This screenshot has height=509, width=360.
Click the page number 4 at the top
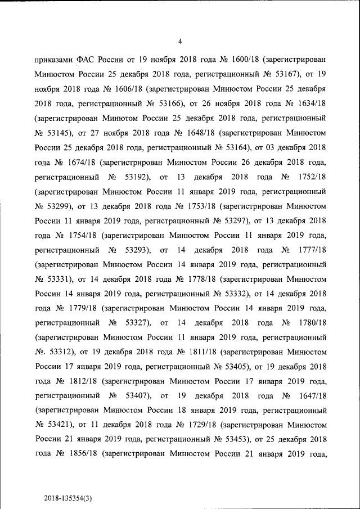(179, 41)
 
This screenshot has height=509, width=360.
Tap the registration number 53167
(287, 74)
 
